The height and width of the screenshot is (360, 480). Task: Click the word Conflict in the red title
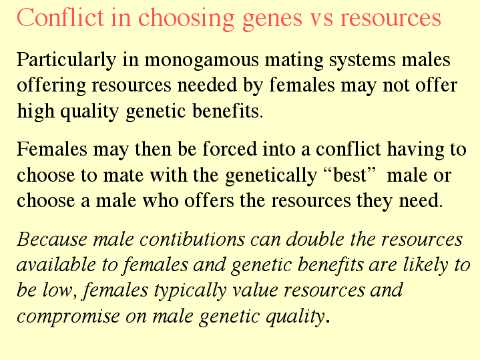60,17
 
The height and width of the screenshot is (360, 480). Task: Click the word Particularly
67,60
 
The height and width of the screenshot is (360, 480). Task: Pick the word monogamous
202,61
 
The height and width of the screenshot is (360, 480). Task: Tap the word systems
362,61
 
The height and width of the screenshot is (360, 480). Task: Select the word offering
51,85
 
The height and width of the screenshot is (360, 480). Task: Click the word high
35,112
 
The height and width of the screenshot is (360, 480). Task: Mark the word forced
230,149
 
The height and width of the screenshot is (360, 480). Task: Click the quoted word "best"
350,175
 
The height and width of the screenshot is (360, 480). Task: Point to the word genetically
271,176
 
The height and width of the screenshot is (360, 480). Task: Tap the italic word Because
52,239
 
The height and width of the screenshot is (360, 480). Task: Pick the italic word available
56,264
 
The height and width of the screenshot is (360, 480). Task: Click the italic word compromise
68,317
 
